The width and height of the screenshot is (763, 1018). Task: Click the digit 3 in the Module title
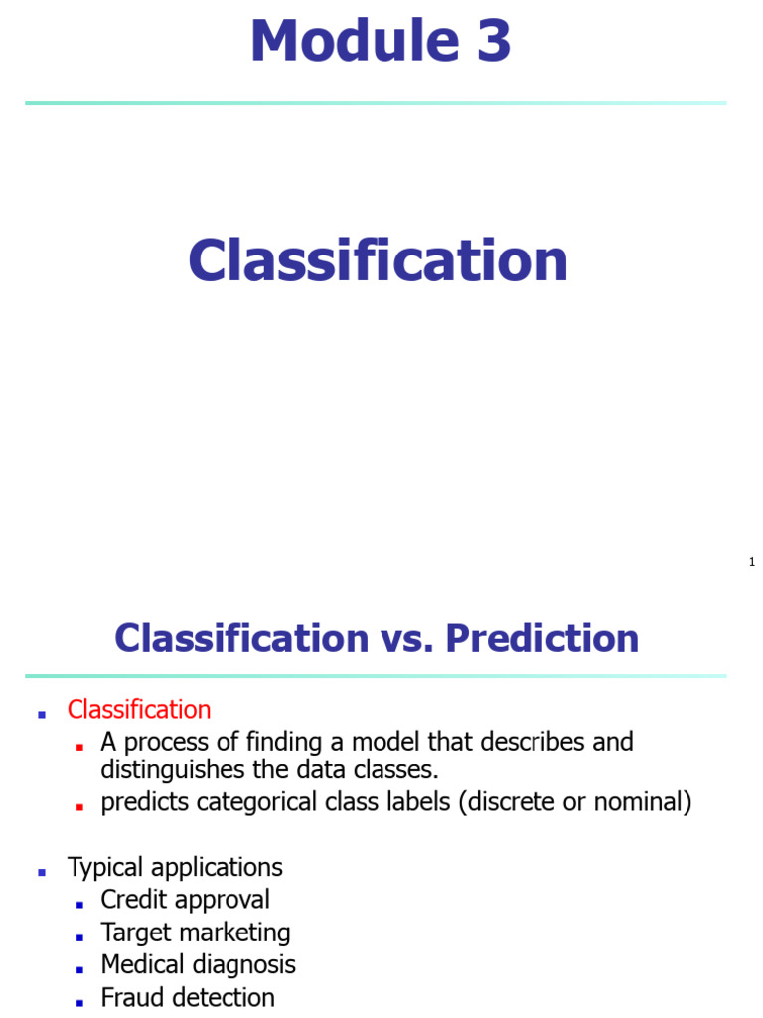coord(490,42)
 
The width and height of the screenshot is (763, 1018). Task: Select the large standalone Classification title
coord(378,260)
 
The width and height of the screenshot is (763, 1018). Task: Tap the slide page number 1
coord(752,563)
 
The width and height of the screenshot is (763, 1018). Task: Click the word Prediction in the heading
coord(542,638)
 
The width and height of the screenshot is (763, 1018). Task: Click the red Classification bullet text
coord(139,710)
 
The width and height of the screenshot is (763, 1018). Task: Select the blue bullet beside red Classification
coord(43,715)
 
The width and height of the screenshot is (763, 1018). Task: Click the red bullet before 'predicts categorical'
coord(79,808)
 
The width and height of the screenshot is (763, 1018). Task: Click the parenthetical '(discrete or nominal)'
coord(575,803)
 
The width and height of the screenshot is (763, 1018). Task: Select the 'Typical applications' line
coord(175,867)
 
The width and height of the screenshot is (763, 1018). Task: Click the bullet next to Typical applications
coord(43,872)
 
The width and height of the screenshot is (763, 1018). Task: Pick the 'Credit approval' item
coord(185,900)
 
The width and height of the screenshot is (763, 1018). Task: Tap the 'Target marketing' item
coord(196,933)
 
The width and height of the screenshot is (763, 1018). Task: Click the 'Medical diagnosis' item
coord(198,965)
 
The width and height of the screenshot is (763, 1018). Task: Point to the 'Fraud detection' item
coord(188,997)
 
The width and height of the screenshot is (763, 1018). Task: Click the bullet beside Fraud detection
coord(79,1002)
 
